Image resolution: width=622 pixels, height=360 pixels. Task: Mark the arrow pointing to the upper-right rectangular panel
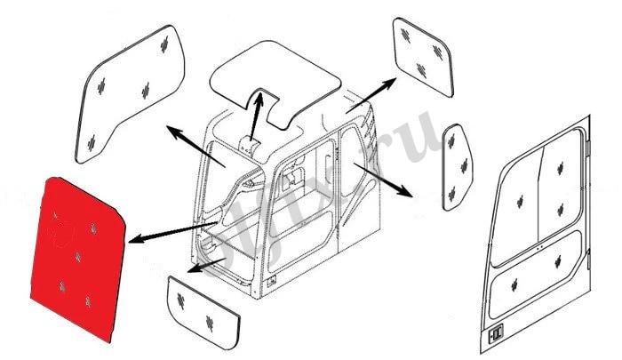click(x=373, y=93)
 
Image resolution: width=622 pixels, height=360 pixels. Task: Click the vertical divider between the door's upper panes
click(x=539, y=200)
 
